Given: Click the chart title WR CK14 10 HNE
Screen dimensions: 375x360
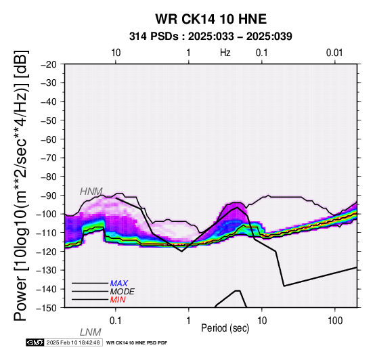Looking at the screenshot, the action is coord(211,19).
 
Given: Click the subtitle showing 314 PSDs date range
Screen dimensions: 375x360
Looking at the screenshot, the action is coord(211,37).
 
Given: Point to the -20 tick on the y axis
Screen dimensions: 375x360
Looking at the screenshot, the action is coord(49,64).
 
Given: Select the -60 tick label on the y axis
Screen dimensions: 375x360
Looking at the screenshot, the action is coord(49,139).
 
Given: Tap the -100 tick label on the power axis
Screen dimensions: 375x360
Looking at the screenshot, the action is coord(47,214).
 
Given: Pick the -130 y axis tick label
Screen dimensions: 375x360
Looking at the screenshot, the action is coord(47,270).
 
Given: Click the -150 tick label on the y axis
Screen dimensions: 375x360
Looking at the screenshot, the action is coord(47,308).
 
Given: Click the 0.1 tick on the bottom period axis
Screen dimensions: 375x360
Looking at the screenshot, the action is coord(116,321).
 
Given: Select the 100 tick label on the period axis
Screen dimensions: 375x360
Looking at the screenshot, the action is coord(335,321).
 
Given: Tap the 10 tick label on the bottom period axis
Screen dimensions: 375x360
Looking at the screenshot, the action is coord(262,321).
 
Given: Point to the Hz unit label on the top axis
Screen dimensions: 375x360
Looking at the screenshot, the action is coord(225,53).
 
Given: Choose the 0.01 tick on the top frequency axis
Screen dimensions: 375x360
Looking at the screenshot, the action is coord(334,53).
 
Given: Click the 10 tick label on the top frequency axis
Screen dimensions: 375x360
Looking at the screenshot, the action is coord(116,53).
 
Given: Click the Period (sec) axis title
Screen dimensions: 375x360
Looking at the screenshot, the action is coord(225,328).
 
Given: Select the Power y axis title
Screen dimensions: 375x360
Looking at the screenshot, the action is coord(21,185).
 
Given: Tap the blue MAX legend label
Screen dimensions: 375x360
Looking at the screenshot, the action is coord(119,284).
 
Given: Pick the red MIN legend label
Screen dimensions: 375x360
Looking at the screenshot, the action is coord(118,300).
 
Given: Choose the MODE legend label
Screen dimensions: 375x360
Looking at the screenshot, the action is coord(123,292).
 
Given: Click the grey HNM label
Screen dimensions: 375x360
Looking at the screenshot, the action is coord(91,192).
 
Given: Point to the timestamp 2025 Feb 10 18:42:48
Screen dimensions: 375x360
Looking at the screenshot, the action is coord(73,342).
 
